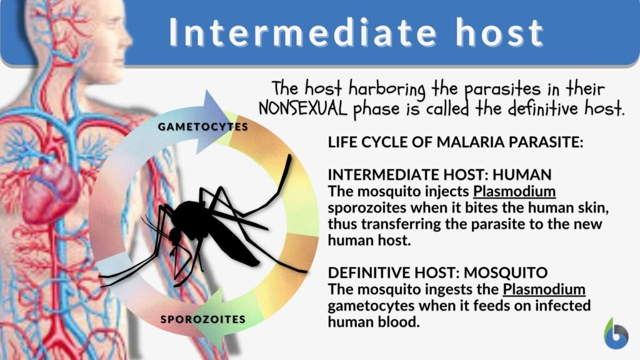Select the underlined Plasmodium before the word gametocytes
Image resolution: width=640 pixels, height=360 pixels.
click(x=544, y=289)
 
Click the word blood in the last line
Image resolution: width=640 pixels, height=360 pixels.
click(x=402, y=322)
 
